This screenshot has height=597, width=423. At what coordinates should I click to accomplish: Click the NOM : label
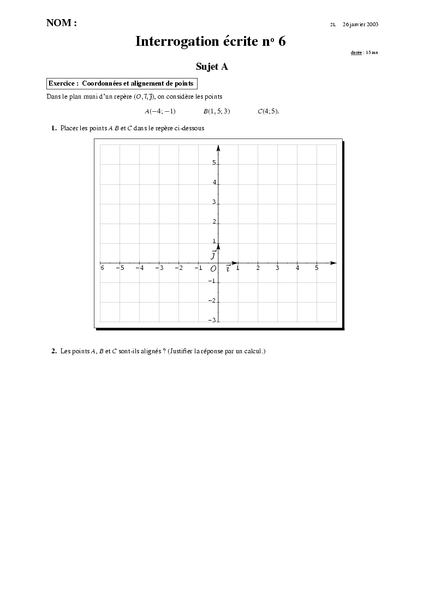coord(62,23)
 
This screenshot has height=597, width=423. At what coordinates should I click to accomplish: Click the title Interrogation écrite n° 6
coord(211,41)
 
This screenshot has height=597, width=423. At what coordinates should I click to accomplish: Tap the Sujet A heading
coord(212,67)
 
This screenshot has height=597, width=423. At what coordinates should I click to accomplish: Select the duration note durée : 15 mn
coord(364,52)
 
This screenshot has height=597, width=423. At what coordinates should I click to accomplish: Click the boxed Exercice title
coord(121,83)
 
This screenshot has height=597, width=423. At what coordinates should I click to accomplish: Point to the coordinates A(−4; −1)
coord(160,111)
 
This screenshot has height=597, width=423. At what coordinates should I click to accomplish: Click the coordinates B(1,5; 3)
coord(217,111)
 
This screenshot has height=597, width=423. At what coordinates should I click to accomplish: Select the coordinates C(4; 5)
coord(268,111)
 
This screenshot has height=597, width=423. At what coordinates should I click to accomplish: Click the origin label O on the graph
coord(213,269)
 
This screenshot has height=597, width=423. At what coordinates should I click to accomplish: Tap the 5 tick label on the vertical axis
coord(214,163)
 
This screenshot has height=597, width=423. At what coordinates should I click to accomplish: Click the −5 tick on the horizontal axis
coord(120,268)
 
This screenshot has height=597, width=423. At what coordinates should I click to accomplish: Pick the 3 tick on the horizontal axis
coord(277,268)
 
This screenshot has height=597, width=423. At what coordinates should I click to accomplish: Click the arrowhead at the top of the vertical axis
coord(218,148)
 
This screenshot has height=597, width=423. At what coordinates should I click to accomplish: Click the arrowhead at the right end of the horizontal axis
coord(333,263)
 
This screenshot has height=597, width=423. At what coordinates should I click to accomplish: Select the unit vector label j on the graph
coord(213,255)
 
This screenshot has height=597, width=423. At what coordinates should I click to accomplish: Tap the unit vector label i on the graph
coord(228,268)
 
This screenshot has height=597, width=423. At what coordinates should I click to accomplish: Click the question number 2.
coord(54,351)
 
